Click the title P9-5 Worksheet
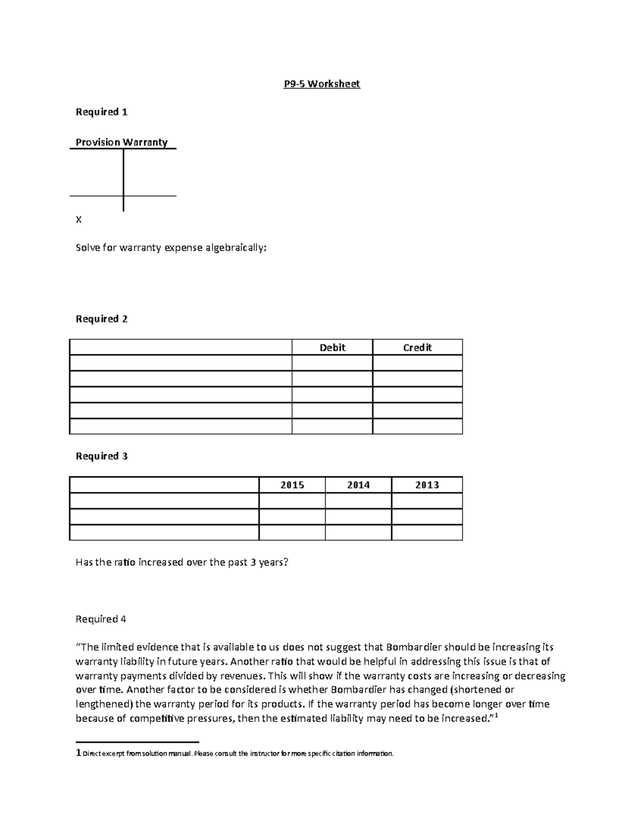tap(321, 84)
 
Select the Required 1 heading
tap(101, 112)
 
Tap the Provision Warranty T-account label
tap(121, 142)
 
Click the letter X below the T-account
tap(79, 220)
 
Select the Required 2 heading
tap(101, 318)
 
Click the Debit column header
tap(332, 347)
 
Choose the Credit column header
tap(417, 347)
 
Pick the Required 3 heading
tap(101, 456)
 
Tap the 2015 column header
tap(292, 485)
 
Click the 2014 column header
tap(358, 485)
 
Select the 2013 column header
tap(427, 485)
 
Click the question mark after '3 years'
tap(286, 562)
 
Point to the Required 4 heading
tap(101, 619)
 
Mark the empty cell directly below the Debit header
tap(332, 363)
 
